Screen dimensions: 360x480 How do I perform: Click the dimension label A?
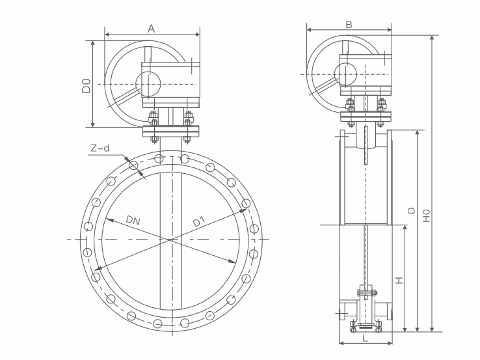[152, 28]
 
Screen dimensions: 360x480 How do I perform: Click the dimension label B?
[349, 24]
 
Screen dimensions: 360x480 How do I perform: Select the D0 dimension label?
[86, 85]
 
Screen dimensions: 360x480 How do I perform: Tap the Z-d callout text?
[100, 148]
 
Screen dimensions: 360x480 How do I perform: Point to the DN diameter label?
[133, 221]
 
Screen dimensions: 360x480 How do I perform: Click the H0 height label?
[427, 215]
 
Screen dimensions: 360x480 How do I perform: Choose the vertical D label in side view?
[411, 210]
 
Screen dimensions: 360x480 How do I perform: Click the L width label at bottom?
[365, 338]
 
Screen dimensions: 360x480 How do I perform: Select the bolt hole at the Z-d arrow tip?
[134, 165]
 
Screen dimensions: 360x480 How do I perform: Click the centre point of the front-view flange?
[172, 240]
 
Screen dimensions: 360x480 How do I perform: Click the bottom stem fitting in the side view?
[365, 324]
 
